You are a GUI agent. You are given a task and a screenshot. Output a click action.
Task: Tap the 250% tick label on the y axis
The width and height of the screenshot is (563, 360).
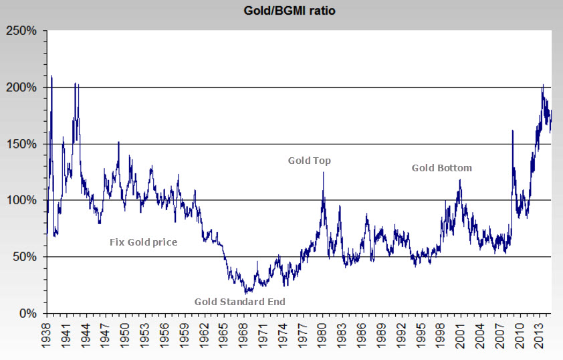point(23,31)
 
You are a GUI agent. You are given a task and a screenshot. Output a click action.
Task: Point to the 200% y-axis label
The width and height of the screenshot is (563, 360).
point(23,87)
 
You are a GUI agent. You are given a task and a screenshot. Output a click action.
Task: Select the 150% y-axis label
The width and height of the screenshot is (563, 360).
point(23,144)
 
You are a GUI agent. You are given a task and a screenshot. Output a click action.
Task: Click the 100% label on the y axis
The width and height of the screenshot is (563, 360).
point(23,200)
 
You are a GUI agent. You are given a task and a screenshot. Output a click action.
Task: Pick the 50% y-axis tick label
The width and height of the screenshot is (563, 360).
point(25,257)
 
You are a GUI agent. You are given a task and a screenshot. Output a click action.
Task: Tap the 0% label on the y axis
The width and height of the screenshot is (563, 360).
point(28,313)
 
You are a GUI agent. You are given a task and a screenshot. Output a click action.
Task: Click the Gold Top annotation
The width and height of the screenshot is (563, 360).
point(310,161)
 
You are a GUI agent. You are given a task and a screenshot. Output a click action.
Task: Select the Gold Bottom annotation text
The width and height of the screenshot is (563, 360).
point(441,168)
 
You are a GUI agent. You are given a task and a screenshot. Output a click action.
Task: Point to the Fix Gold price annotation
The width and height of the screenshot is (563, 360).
point(143,242)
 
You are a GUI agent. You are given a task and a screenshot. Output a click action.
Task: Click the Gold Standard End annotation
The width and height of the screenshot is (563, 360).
point(240,302)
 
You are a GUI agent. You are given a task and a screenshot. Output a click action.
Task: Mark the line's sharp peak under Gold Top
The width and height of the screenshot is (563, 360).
point(324,173)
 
